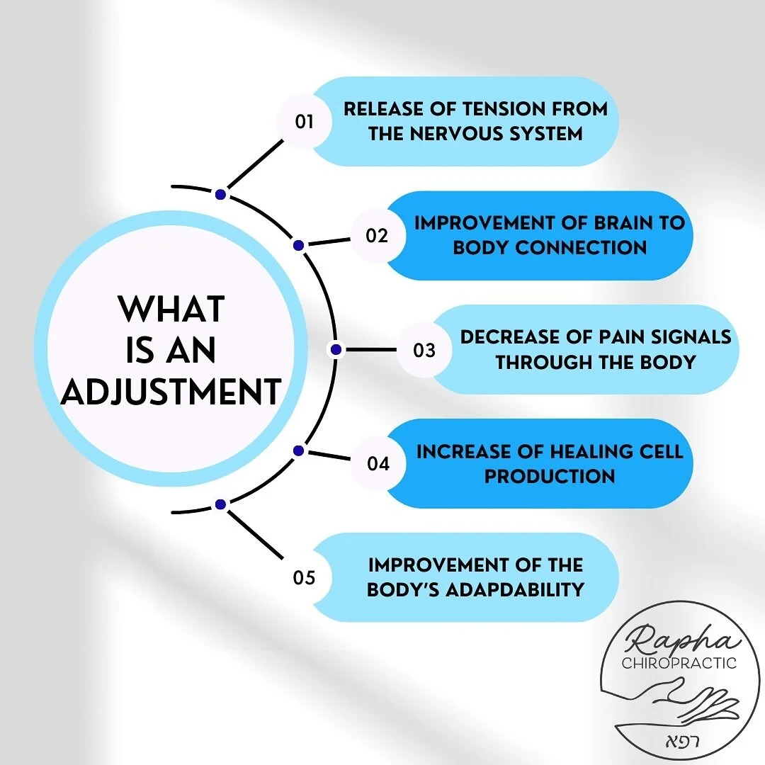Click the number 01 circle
click(x=304, y=122)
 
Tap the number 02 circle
click(x=378, y=236)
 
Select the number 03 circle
click(x=424, y=350)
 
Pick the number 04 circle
click(x=378, y=464)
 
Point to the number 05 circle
click(x=304, y=578)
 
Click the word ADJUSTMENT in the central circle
click(x=171, y=392)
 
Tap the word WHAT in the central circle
click(x=171, y=310)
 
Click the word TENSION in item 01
click(x=501, y=110)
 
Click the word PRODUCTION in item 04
click(x=550, y=476)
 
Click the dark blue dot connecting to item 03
click(x=336, y=349)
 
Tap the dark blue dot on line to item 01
click(x=220, y=194)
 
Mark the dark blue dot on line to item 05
click(x=220, y=504)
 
